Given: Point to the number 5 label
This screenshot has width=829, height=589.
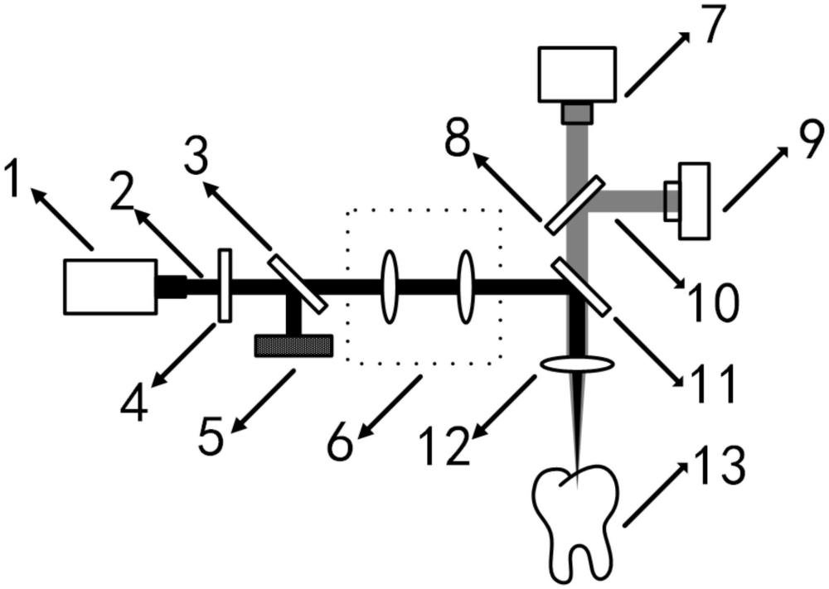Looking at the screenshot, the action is [x=212, y=435].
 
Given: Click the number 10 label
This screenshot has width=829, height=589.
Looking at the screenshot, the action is [x=712, y=302].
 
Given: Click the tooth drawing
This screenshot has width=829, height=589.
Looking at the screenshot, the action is [x=576, y=523].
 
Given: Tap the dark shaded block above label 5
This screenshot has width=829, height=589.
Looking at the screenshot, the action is [x=293, y=346].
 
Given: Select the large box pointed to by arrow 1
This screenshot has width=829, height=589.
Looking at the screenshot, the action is [x=110, y=287].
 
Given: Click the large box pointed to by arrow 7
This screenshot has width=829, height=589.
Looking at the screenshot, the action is [x=577, y=74].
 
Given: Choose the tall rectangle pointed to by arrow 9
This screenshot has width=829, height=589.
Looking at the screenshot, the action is [x=694, y=201].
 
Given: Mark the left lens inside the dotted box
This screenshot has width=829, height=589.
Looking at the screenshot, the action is [x=389, y=287].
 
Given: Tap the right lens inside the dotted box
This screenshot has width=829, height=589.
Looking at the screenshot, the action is [x=466, y=287].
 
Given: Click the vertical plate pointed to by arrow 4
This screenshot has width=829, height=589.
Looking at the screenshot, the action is [x=225, y=285].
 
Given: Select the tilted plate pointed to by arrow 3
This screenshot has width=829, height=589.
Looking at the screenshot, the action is [x=298, y=284].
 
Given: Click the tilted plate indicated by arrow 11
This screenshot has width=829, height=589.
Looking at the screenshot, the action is [x=581, y=287].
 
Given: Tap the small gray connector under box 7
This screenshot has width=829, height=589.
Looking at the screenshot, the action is [x=577, y=113].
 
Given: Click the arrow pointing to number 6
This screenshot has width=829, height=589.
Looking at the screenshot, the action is [x=390, y=406].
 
